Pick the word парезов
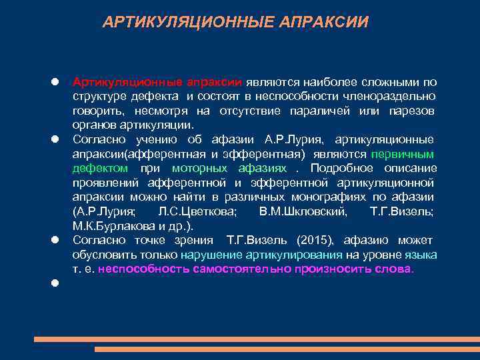[x=412, y=111]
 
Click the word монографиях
[x=339, y=197]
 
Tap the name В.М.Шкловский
[x=302, y=211]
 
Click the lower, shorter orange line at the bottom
[x=287, y=349]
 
